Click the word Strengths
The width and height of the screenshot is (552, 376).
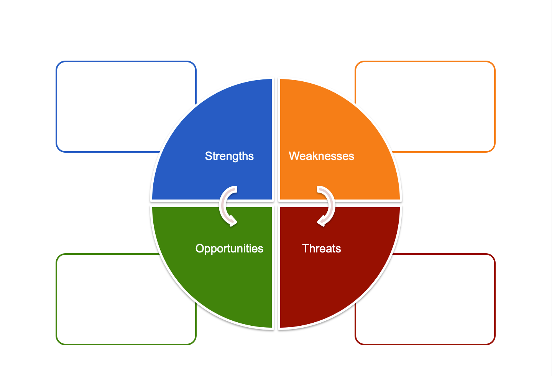229,156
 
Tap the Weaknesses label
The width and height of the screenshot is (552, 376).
321,156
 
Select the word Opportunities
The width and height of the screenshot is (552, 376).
229,249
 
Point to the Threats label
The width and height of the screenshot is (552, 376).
321,249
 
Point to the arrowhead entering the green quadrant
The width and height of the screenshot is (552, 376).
231,221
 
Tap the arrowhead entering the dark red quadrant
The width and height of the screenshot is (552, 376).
322,221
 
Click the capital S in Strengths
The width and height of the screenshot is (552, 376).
209,156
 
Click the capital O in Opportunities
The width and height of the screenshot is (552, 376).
200,248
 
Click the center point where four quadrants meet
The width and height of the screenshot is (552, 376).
276,203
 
